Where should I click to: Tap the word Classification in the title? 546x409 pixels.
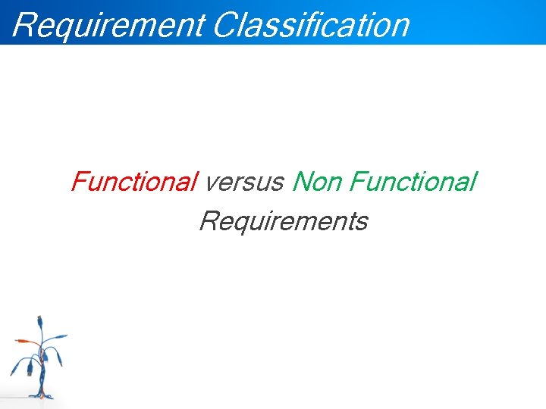click(x=311, y=25)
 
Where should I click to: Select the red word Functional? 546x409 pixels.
click(x=133, y=183)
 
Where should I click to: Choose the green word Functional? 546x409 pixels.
click(x=413, y=183)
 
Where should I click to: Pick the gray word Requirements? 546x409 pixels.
click(x=283, y=222)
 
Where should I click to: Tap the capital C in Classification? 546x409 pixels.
click(x=225, y=25)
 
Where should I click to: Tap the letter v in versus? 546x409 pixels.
click(x=211, y=184)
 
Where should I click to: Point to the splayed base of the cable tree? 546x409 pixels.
click(x=42, y=395)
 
